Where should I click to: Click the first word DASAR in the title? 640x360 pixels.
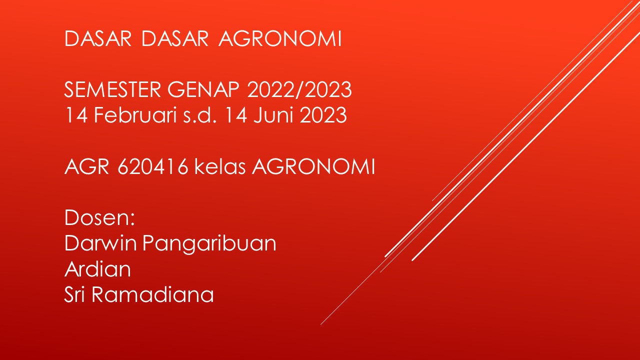tap(98, 38)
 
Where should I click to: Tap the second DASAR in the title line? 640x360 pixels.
tap(175, 38)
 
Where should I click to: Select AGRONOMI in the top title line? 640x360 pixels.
tap(280, 38)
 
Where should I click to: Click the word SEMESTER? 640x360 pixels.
tap(113, 89)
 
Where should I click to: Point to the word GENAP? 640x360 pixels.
tap(203, 89)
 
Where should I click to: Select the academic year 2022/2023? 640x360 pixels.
tap(299, 89)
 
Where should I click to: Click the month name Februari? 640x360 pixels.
tap(135, 115)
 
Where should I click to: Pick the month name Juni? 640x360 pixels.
tap(273, 115)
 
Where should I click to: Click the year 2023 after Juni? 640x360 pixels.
tap(323, 115)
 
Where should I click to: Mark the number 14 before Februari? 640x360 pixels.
tap(76, 115)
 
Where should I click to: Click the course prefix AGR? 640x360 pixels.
tap(87, 166)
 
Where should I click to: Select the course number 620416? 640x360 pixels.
tap(153, 166)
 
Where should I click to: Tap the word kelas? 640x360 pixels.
tap(220, 166)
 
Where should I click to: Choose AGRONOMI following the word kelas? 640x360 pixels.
tap(313, 166)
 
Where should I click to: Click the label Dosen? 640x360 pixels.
tap(99, 217)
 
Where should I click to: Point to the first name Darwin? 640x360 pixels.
tap(101, 243)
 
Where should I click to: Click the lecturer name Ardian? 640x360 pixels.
tap(97, 269)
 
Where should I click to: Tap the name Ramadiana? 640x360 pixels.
tap(152, 294)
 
